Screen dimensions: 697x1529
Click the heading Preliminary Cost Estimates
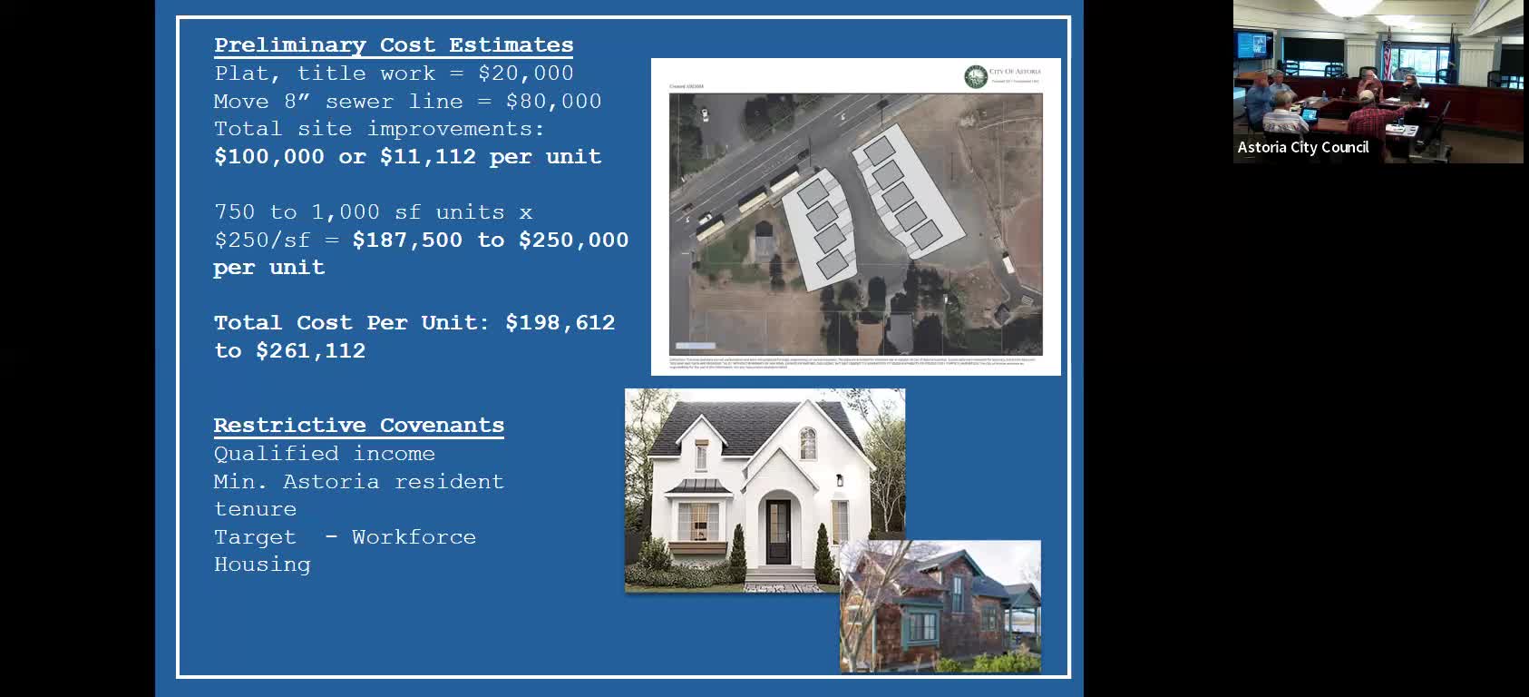(394, 45)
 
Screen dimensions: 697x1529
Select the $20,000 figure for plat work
(525, 74)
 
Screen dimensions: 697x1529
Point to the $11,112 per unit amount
(427, 157)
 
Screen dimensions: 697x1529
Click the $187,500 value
(407, 241)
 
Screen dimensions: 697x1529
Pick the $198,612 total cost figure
(560, 323)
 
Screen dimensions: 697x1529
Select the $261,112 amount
(310, 351)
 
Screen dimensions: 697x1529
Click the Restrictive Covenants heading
(358, 426)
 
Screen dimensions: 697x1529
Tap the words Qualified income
(324, 454)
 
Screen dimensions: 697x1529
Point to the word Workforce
(414, 537)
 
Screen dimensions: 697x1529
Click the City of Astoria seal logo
(975, 76)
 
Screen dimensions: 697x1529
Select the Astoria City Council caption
(1302, 148)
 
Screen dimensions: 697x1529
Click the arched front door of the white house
(778, 532)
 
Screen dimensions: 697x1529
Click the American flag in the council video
(1387, 54)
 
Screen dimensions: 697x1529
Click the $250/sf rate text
(261, 241)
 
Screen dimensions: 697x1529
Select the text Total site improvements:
(378, 129)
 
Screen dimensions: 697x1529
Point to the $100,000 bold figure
(268, 157)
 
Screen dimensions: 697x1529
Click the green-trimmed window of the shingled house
(922, 625)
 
